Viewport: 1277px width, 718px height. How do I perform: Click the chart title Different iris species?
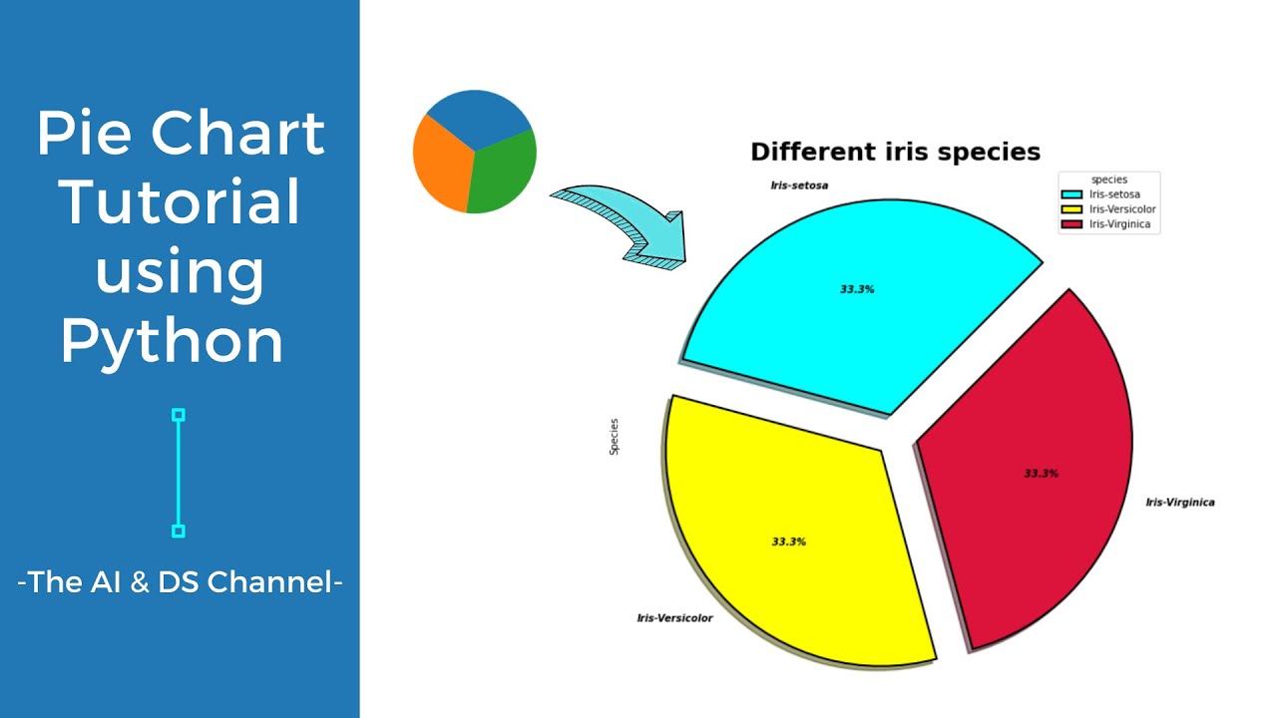[x=895, y=152]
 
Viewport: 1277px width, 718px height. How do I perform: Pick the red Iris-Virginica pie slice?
[x=1028, y=469]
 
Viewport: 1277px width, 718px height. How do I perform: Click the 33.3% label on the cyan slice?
[x=857, y=289]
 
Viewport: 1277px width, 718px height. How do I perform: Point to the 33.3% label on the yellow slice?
[x=788, y=541]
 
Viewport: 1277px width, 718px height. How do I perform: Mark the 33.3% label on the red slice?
[x=1041, y=473]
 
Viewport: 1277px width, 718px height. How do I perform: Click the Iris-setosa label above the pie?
[x=799, y=185]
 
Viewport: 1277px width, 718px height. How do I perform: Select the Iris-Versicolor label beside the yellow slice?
[x=674, y=618]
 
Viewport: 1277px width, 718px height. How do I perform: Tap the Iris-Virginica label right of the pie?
[x=1179, y=502]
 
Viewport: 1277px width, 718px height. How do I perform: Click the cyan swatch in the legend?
[x=1072, y=194]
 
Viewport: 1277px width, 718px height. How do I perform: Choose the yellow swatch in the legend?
[x=1072, y=209]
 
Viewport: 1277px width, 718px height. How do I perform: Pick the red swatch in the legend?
[x=1072, y=224]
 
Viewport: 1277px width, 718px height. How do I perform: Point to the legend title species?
[x=1109, y=179]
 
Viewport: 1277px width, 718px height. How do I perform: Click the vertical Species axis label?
[x=615, y=437]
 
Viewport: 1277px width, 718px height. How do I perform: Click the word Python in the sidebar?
[x=172, y=341]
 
